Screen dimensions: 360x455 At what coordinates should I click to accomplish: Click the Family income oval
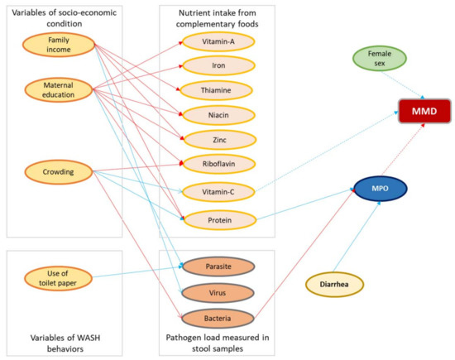click(59, 45)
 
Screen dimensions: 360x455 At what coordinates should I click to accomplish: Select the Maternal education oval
click(59, 90)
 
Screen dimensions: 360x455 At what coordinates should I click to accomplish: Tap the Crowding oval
click(59, 172)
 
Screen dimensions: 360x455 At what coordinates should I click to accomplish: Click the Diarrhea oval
click(336, 285)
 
